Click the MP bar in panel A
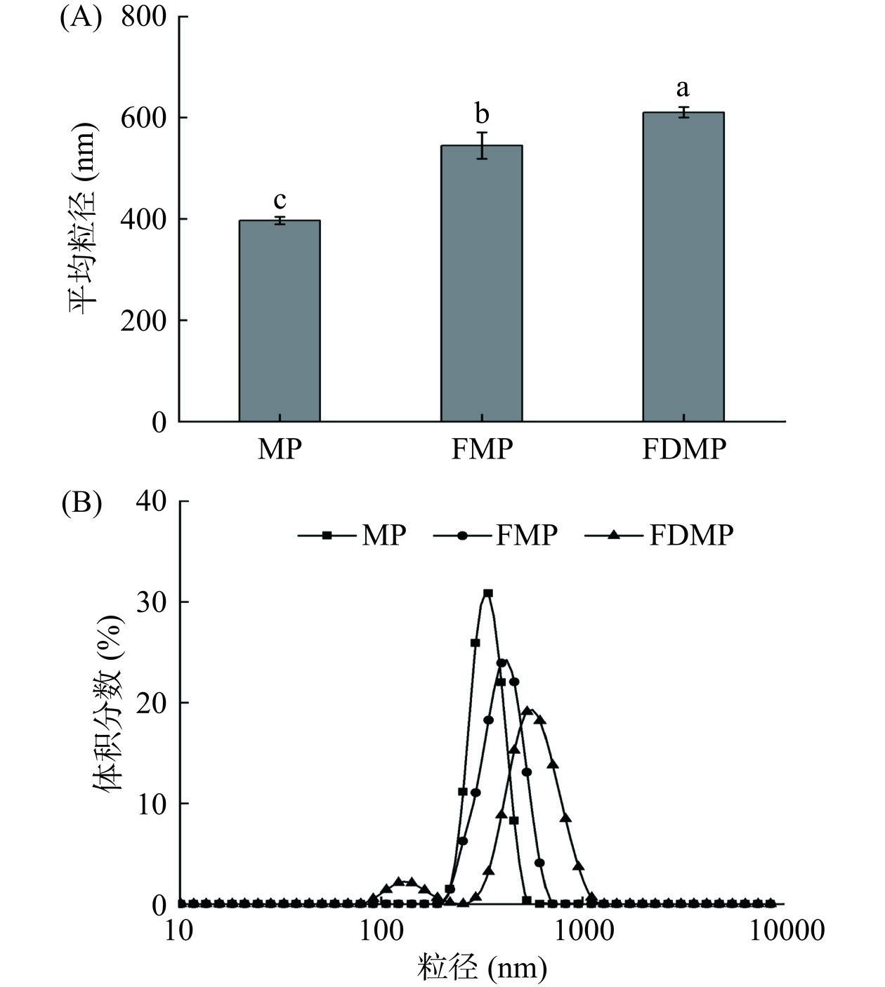(x=280, y=321)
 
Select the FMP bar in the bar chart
(x=481, y=284)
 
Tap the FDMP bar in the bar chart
(x=683, y=267)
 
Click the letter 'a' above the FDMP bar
(x=682, y=89)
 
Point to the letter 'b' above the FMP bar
(x=481, y=113)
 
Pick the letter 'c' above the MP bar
(x=280, y=201)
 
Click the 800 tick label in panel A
(x=143, y=17)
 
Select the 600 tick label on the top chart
(x=143, y=118)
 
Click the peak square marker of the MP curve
(x=487, y=593)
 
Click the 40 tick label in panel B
(x=152, y=501)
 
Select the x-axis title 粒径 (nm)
(x=482, y=969)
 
